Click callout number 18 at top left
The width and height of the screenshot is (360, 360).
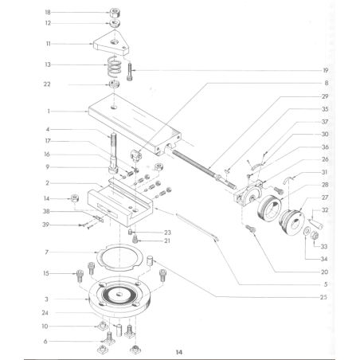(x=48, y=13)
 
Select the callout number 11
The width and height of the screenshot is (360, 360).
(x=48, y=44)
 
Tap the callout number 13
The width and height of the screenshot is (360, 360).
(x=48, y=65)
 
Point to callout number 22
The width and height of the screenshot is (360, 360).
(x=48, y=84)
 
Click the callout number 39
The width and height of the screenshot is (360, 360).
(x=48, y=225)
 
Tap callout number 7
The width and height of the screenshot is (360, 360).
(x=48, y=252)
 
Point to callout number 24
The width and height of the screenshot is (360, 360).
(x=48, y=312)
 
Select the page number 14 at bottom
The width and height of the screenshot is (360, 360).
(x=179, y=350)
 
